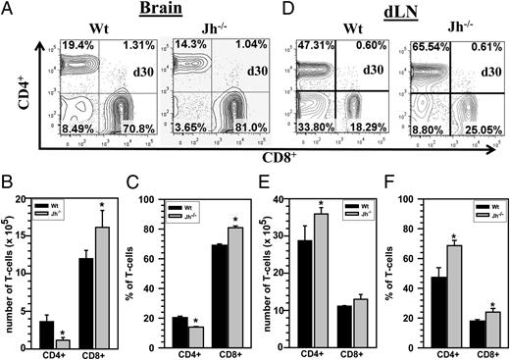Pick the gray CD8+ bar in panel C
coord(233,287)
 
